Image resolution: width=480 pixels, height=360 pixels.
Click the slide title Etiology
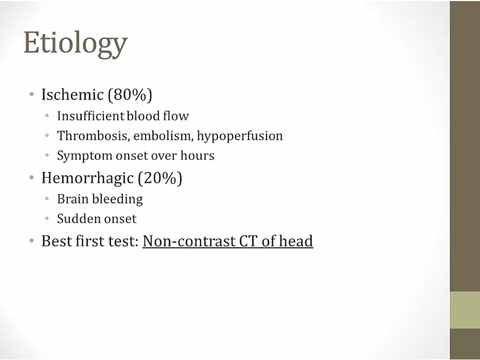click(75, 44)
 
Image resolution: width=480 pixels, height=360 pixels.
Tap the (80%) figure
click(130, 94)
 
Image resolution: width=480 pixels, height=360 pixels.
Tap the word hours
click(197, 156)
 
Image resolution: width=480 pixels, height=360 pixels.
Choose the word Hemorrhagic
click(87, 178)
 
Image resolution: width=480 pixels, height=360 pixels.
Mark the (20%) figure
click(160, 178)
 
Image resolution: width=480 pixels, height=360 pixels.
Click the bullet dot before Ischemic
click(31, 94)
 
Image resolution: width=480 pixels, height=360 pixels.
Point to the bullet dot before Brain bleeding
click(47, 199)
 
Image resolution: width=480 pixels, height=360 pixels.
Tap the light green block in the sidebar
click(465, 310)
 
